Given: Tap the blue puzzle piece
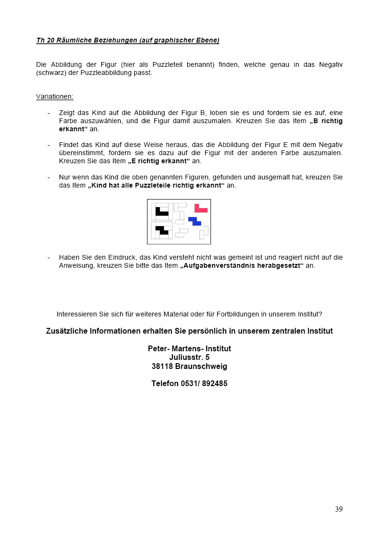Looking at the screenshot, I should point(194,221).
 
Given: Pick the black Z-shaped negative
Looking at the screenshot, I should point(162,230).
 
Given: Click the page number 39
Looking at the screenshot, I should point(338,509).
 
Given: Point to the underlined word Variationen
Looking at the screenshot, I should point(54,96).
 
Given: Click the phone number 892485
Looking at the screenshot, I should point(214,383).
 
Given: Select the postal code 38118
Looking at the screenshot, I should point(162,367).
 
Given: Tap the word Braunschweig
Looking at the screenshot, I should point(201,367).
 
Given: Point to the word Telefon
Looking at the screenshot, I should point(165,383).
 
